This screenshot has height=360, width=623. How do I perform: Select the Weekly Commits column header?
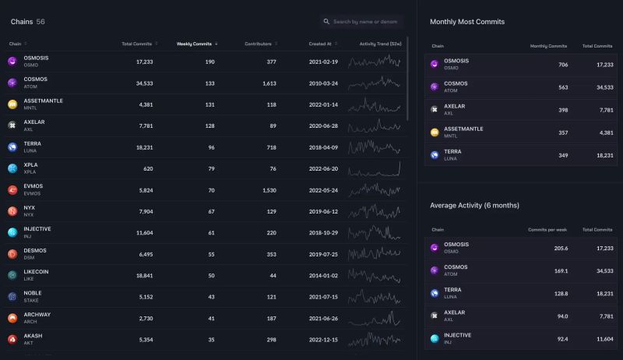coord(194,44)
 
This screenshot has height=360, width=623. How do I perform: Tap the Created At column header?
coord(320,44)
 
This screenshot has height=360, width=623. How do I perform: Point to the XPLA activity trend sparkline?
coord(375,168)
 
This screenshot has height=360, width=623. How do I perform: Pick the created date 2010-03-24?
coord(323,83)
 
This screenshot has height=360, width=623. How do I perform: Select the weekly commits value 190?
coord(209,62)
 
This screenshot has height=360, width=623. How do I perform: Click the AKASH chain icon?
coord(12,339)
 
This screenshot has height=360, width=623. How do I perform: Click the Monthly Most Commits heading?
coord(467,22)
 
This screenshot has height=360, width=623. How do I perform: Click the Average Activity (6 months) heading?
coord(474,205)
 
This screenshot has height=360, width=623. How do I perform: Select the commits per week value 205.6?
coord(559,248)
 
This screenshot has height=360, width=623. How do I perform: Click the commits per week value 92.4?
coord(561,339)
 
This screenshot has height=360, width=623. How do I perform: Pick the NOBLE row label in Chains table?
coord(33,293)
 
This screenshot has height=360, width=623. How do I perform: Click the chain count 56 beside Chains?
coord(40,22)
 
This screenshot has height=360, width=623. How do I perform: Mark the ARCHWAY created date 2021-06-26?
coord(323,318)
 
